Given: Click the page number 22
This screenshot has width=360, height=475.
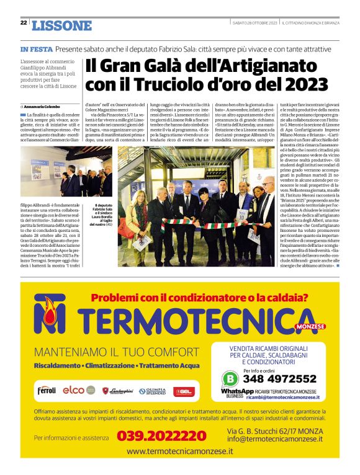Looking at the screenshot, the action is tap(23, 22).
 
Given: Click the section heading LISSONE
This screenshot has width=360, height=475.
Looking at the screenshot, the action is tap(61, 25).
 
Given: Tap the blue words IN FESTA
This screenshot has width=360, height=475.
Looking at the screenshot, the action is tap(35, 48).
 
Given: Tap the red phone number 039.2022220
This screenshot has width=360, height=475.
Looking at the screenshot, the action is tap(161, 436).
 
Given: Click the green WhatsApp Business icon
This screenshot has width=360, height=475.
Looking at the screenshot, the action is tap(230, 378).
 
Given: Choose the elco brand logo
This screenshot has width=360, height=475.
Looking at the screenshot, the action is tap(74, 391).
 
